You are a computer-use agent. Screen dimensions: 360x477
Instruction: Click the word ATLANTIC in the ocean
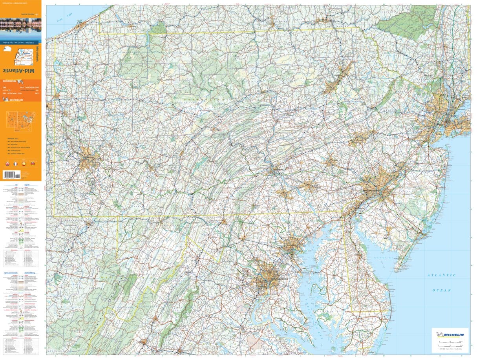[442, 275]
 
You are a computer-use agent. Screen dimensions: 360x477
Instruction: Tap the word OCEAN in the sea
[442, 290]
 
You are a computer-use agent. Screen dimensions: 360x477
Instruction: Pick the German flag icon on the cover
[33, 163]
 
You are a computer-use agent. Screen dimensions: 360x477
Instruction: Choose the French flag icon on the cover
[15, 163]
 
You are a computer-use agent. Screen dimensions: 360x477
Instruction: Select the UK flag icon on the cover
[7, 163]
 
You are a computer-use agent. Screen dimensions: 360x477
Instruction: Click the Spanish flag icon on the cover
[24, 163]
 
